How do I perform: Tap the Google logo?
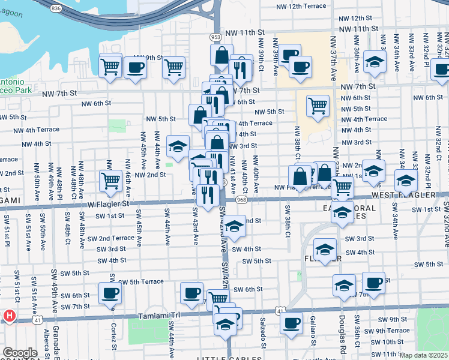click(20, 353)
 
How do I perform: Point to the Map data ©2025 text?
click(424, 355)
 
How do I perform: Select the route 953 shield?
click(215, 37)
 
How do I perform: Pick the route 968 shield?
click(242, 199)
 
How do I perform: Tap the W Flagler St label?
click(108, 203)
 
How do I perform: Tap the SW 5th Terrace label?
click(141, 281)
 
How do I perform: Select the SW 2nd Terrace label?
click(109, 238)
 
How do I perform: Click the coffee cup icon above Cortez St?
click(110, 293)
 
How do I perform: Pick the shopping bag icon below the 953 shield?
click(221, 56)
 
